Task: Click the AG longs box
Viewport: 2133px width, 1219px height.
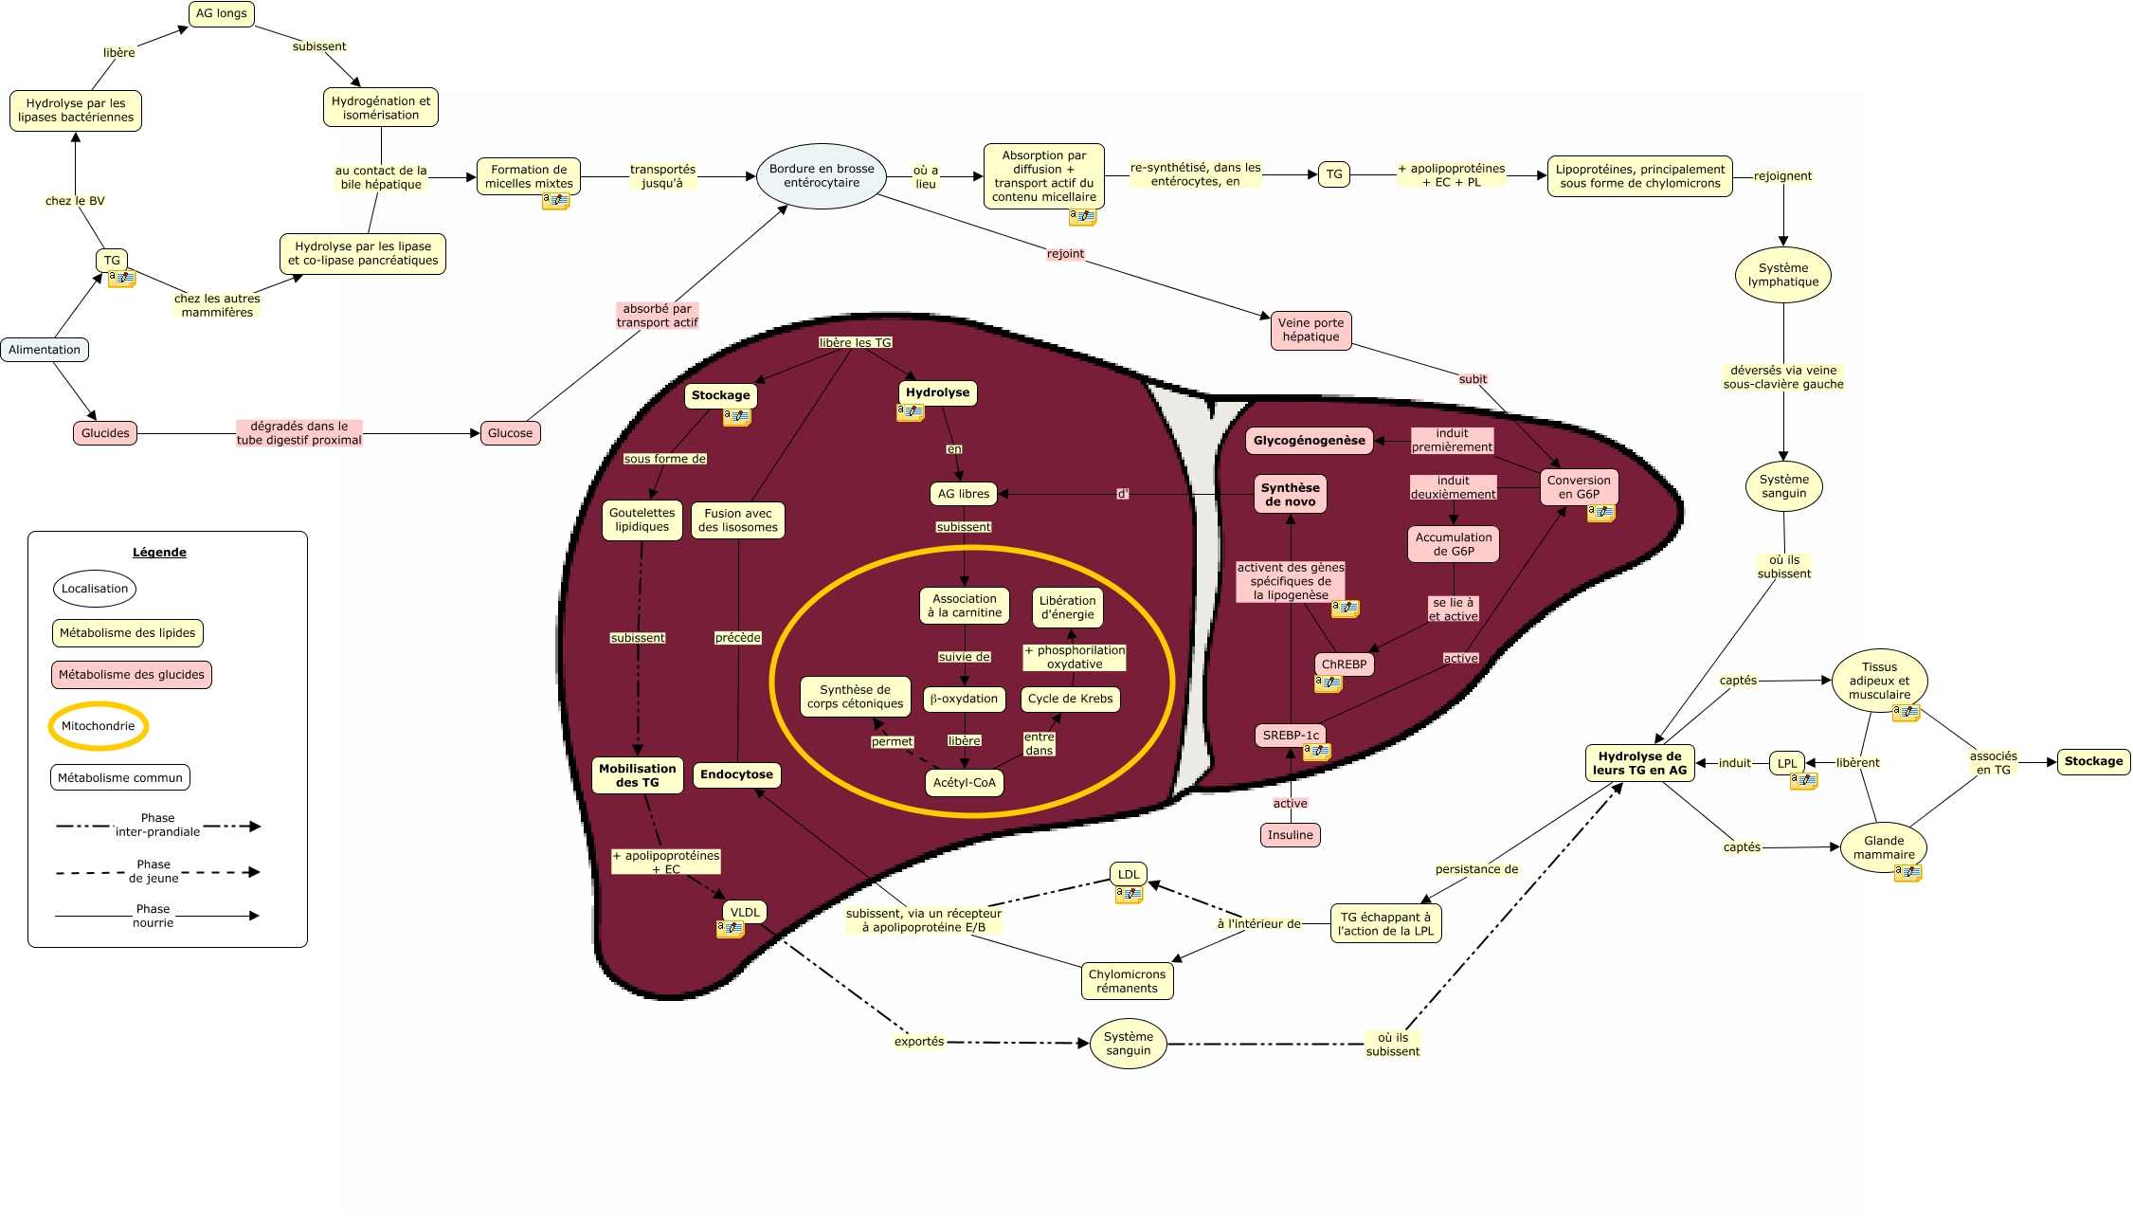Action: tap(222, 14)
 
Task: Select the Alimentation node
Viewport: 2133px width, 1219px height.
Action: tap(45, 350)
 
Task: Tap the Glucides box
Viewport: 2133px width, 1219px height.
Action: tap(105, 433)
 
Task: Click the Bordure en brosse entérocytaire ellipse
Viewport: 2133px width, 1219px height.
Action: tap(822, 176)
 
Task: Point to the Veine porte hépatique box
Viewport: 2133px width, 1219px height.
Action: tap(1311, 330)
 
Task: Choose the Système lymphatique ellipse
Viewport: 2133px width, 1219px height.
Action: tap(1783, 275)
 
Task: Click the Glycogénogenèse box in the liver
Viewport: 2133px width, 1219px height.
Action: tap(1310, 441)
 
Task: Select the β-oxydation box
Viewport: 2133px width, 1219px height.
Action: tap(965, 700)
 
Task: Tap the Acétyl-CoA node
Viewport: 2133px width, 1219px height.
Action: tap(965, 783)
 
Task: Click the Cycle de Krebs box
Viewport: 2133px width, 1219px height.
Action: tap(1071, 700)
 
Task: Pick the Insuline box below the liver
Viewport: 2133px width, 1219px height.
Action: tap(1291, 835)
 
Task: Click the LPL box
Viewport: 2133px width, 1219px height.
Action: tap(1787, 763)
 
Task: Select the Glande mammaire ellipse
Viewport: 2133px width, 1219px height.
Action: tap(1884, 847)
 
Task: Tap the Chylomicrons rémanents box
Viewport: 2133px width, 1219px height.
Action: tap(1128, 981)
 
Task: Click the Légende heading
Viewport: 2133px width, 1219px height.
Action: tap(159, 553)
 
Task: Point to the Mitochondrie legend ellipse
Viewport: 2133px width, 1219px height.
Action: tap(99, 726)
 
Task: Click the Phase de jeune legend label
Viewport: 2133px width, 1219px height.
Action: tap(154, 871)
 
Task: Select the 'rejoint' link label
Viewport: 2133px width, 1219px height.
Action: tap(1065, 254)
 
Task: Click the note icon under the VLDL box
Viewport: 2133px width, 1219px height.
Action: tap(731, 930)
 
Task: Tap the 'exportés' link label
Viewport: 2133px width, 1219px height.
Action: tap(919, 1042)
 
